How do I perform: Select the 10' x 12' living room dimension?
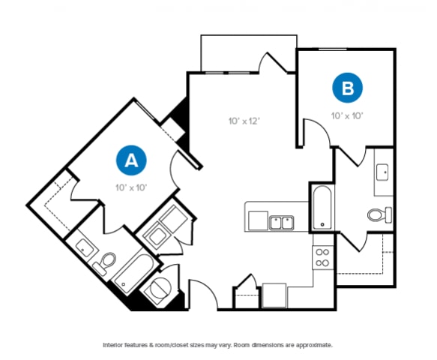(244, 120)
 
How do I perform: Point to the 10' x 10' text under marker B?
(348, 115)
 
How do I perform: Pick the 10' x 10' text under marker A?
(130, 187)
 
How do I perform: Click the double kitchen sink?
(281, 221)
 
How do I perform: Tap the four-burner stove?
(322, 257)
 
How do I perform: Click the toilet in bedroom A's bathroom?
(107, 262)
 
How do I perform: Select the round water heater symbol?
(161, 289)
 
